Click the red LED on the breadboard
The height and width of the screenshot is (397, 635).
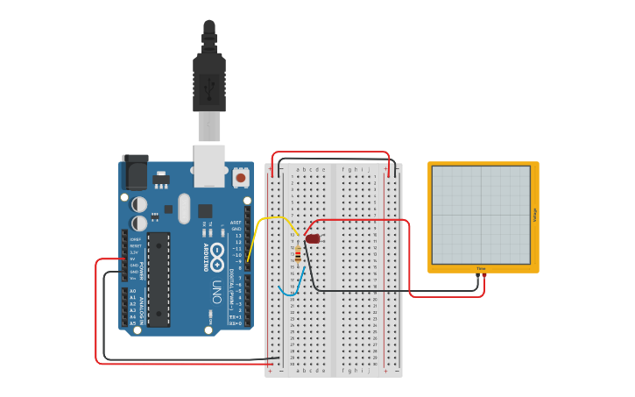tap(313, 238)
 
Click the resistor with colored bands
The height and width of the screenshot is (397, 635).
tap(299, 255)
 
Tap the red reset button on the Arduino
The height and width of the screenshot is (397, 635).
tap(240, 178)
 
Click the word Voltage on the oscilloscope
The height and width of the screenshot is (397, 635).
tap(534, 215)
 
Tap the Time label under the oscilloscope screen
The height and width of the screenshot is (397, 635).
tap(481, 268)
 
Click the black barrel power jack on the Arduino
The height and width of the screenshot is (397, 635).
tap(135, 172)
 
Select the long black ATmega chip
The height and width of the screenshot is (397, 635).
tap(159, 280)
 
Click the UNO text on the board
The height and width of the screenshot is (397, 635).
tap(216, 289)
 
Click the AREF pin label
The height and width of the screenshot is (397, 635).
tap(235, 223)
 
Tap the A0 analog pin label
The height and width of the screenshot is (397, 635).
tap(133, 291)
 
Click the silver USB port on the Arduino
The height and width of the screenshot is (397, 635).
tap(209, 166)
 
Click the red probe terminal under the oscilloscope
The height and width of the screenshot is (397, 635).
tap(484, 277)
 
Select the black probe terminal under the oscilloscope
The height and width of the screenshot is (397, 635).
tap(477, 277)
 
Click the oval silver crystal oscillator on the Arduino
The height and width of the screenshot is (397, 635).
tap(184, 209)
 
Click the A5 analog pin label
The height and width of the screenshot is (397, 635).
tap(133, 323)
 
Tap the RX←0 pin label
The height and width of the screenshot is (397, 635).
tap(235, 323)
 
